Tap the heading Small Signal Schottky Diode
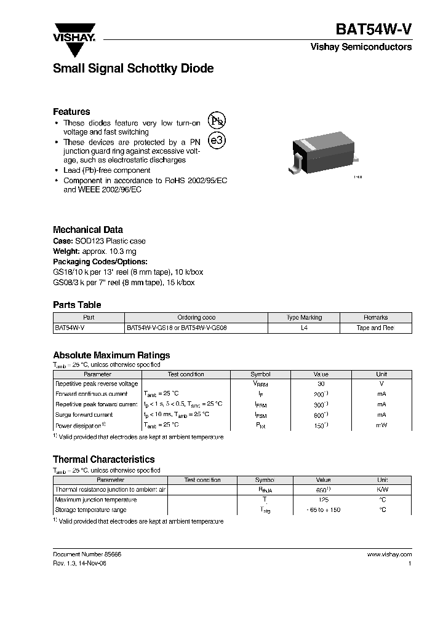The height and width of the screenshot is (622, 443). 133,69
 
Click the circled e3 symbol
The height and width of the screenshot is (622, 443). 217,141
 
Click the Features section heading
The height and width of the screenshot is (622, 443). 71,112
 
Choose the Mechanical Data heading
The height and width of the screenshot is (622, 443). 88,230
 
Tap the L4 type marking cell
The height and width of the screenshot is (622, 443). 304,328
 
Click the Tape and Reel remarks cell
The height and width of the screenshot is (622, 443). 375,328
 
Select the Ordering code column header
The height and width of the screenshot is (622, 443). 196,318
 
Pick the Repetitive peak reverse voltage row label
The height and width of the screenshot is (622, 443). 97,384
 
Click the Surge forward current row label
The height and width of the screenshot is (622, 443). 84,415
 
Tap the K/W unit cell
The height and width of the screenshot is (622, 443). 382,490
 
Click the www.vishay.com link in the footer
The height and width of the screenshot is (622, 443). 389,554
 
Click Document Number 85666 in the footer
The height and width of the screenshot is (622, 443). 87,554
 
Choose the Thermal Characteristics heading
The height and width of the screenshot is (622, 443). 103,460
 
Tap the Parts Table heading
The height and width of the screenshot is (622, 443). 77,305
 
